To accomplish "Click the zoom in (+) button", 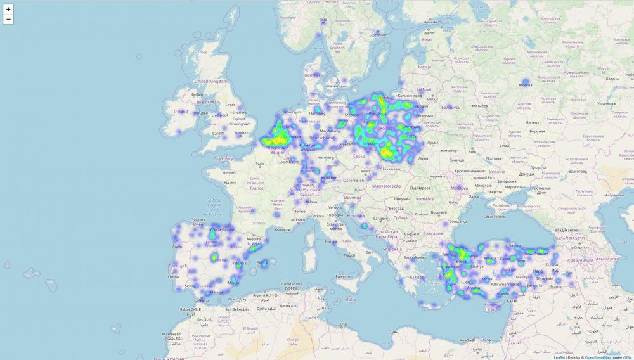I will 8,10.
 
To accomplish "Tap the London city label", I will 241,132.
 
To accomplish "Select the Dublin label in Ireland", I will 203,113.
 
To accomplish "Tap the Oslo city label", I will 322,20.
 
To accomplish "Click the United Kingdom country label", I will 210,82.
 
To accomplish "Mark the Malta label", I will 350,299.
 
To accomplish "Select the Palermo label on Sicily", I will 325,276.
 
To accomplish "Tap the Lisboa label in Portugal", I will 173,277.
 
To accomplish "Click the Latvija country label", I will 424,66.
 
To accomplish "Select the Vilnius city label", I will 432,100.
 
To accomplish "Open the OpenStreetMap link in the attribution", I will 598,357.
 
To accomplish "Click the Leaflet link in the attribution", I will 559,357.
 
